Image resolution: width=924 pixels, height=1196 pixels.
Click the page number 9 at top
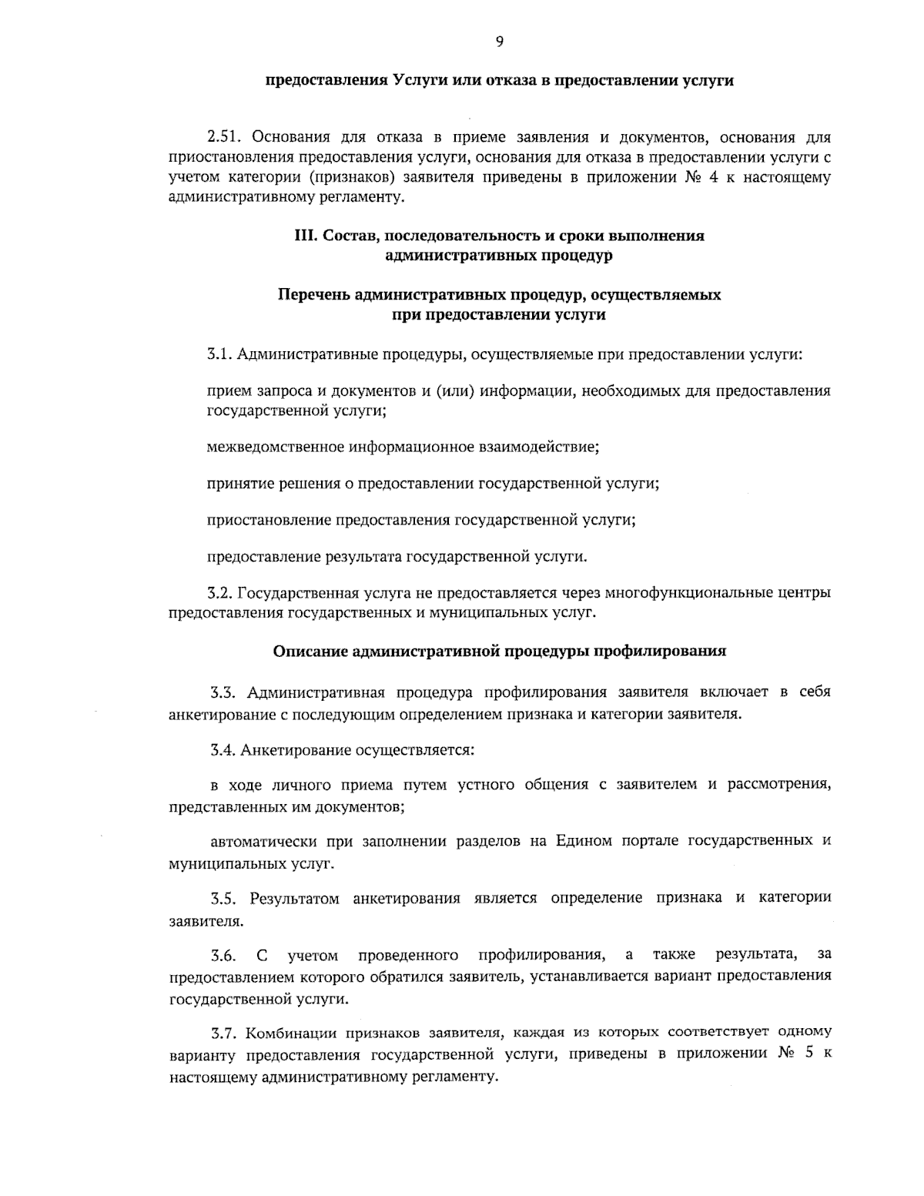500,42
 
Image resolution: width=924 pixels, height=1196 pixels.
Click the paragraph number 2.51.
224,139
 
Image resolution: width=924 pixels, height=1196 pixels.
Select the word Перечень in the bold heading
315,296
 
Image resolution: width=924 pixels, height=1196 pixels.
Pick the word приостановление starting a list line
269,520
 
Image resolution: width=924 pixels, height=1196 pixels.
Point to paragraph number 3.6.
223,956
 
